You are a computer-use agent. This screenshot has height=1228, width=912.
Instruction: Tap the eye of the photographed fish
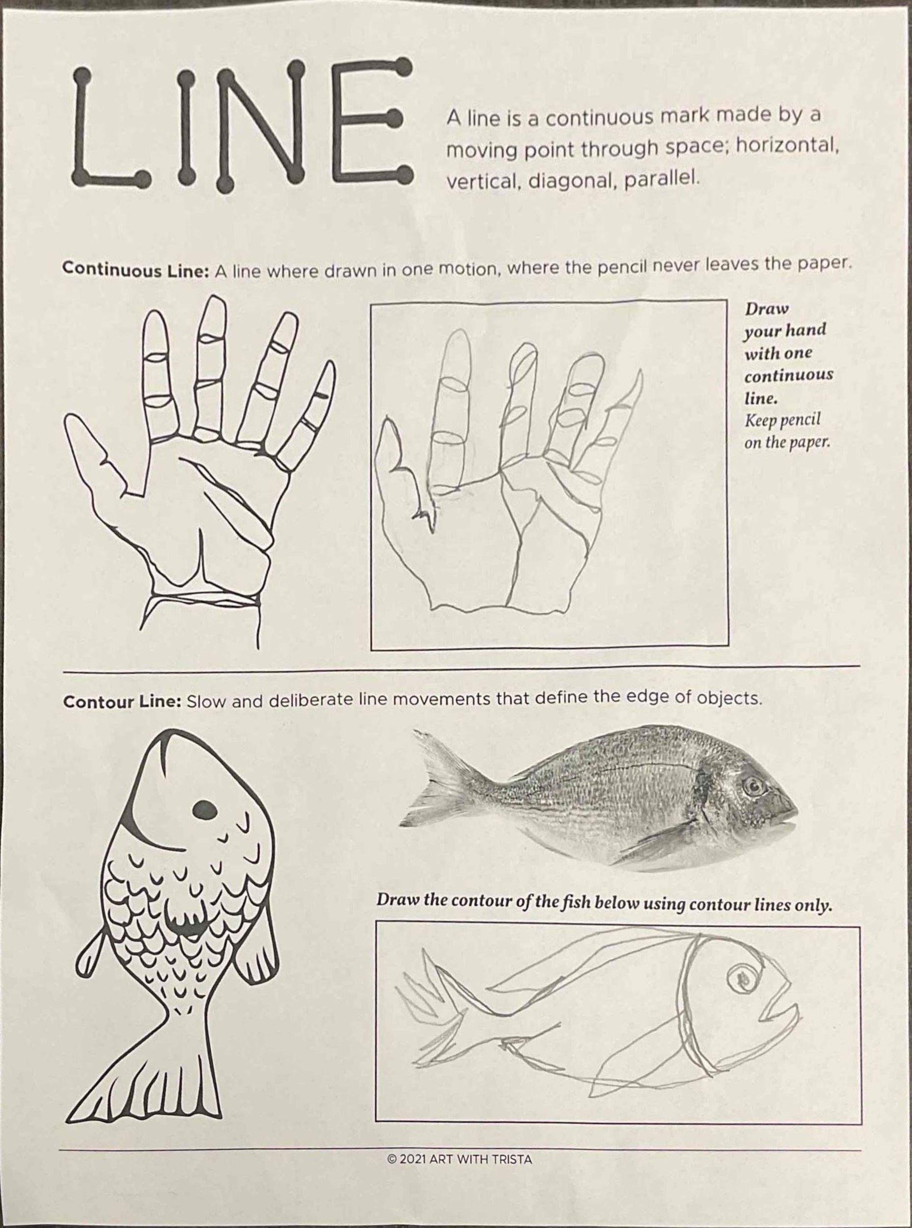click(751, 785)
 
